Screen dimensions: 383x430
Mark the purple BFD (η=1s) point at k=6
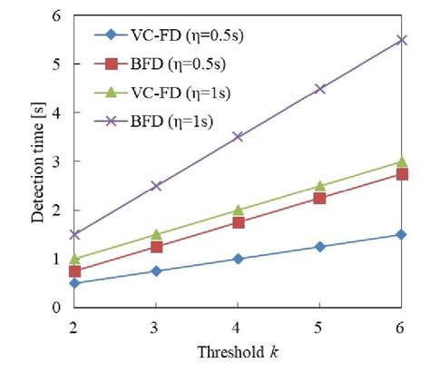coord(401,40)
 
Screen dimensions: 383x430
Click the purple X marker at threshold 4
coord(238,137)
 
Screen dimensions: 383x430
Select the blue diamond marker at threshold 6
coord(401,234)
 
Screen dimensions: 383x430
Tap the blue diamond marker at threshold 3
coord(156,270)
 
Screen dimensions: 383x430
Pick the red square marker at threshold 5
coord(319,198)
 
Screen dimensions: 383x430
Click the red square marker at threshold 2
coord(74,270)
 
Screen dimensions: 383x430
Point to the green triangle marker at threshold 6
coord(401,162)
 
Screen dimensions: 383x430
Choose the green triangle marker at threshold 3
coord(156,234)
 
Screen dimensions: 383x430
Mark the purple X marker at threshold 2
coord(74,234)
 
